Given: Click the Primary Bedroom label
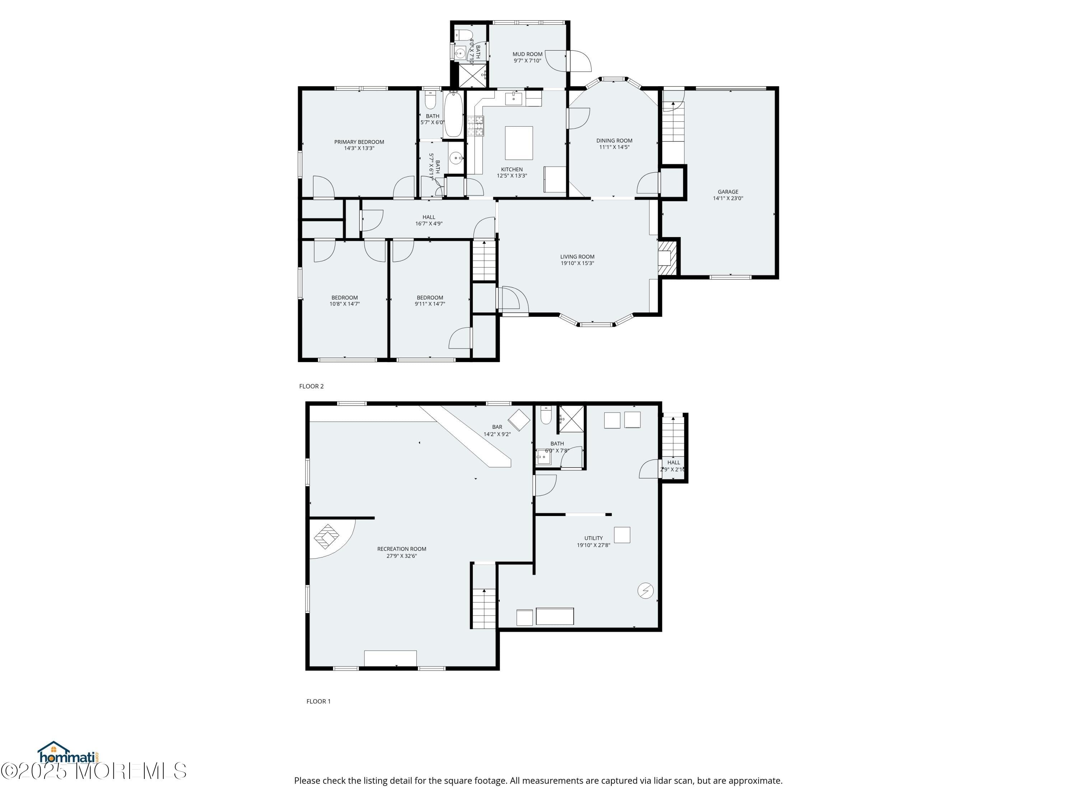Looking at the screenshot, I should click(359, 142).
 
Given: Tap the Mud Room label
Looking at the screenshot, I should click(527, 55).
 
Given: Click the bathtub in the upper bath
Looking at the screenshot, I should click(453, 115).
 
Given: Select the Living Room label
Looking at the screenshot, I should click(577, 257).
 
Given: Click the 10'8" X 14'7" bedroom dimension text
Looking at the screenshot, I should click(345, 304).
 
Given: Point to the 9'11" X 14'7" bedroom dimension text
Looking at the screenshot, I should click(430, 304).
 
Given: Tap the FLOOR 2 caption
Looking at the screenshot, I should click(311, 386).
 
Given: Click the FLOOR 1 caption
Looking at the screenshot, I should click(318, 701).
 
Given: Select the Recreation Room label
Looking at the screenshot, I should click(402, 549).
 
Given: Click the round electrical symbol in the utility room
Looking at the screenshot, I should click(645, 591).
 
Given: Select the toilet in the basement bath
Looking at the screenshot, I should click(546, 415).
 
